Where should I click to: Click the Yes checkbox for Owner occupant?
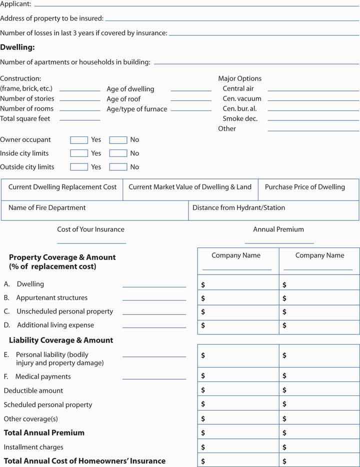(79, 140)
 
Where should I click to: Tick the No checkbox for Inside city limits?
(118, 153)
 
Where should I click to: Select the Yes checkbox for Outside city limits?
(79, 167)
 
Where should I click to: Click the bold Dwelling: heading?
(17, 47)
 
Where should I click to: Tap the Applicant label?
(15, 4)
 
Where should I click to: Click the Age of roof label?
(123, 99)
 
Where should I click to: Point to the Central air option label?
(238, 88)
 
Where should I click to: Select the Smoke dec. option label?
(240, 118)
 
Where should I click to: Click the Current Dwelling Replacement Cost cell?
(62, 190)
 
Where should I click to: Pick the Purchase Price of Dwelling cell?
(305, 190)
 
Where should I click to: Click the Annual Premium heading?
(278, 229)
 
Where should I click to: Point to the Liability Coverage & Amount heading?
(61, 340)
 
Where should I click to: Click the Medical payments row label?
(43, 377)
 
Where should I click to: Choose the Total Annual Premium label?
(44, 433)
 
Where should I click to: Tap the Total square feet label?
(25, 119)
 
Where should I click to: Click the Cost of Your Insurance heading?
(91, 229)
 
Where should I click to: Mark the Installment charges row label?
(33, 447)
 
